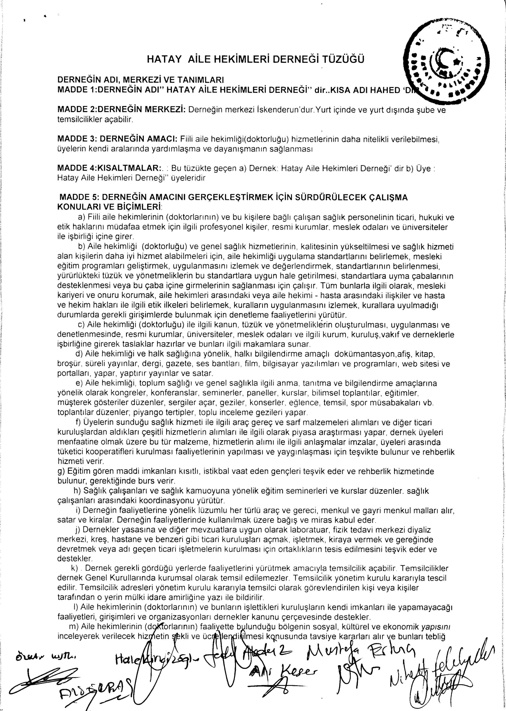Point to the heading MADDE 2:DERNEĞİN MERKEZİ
pos(122,110)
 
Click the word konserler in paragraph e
pos(268,403)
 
